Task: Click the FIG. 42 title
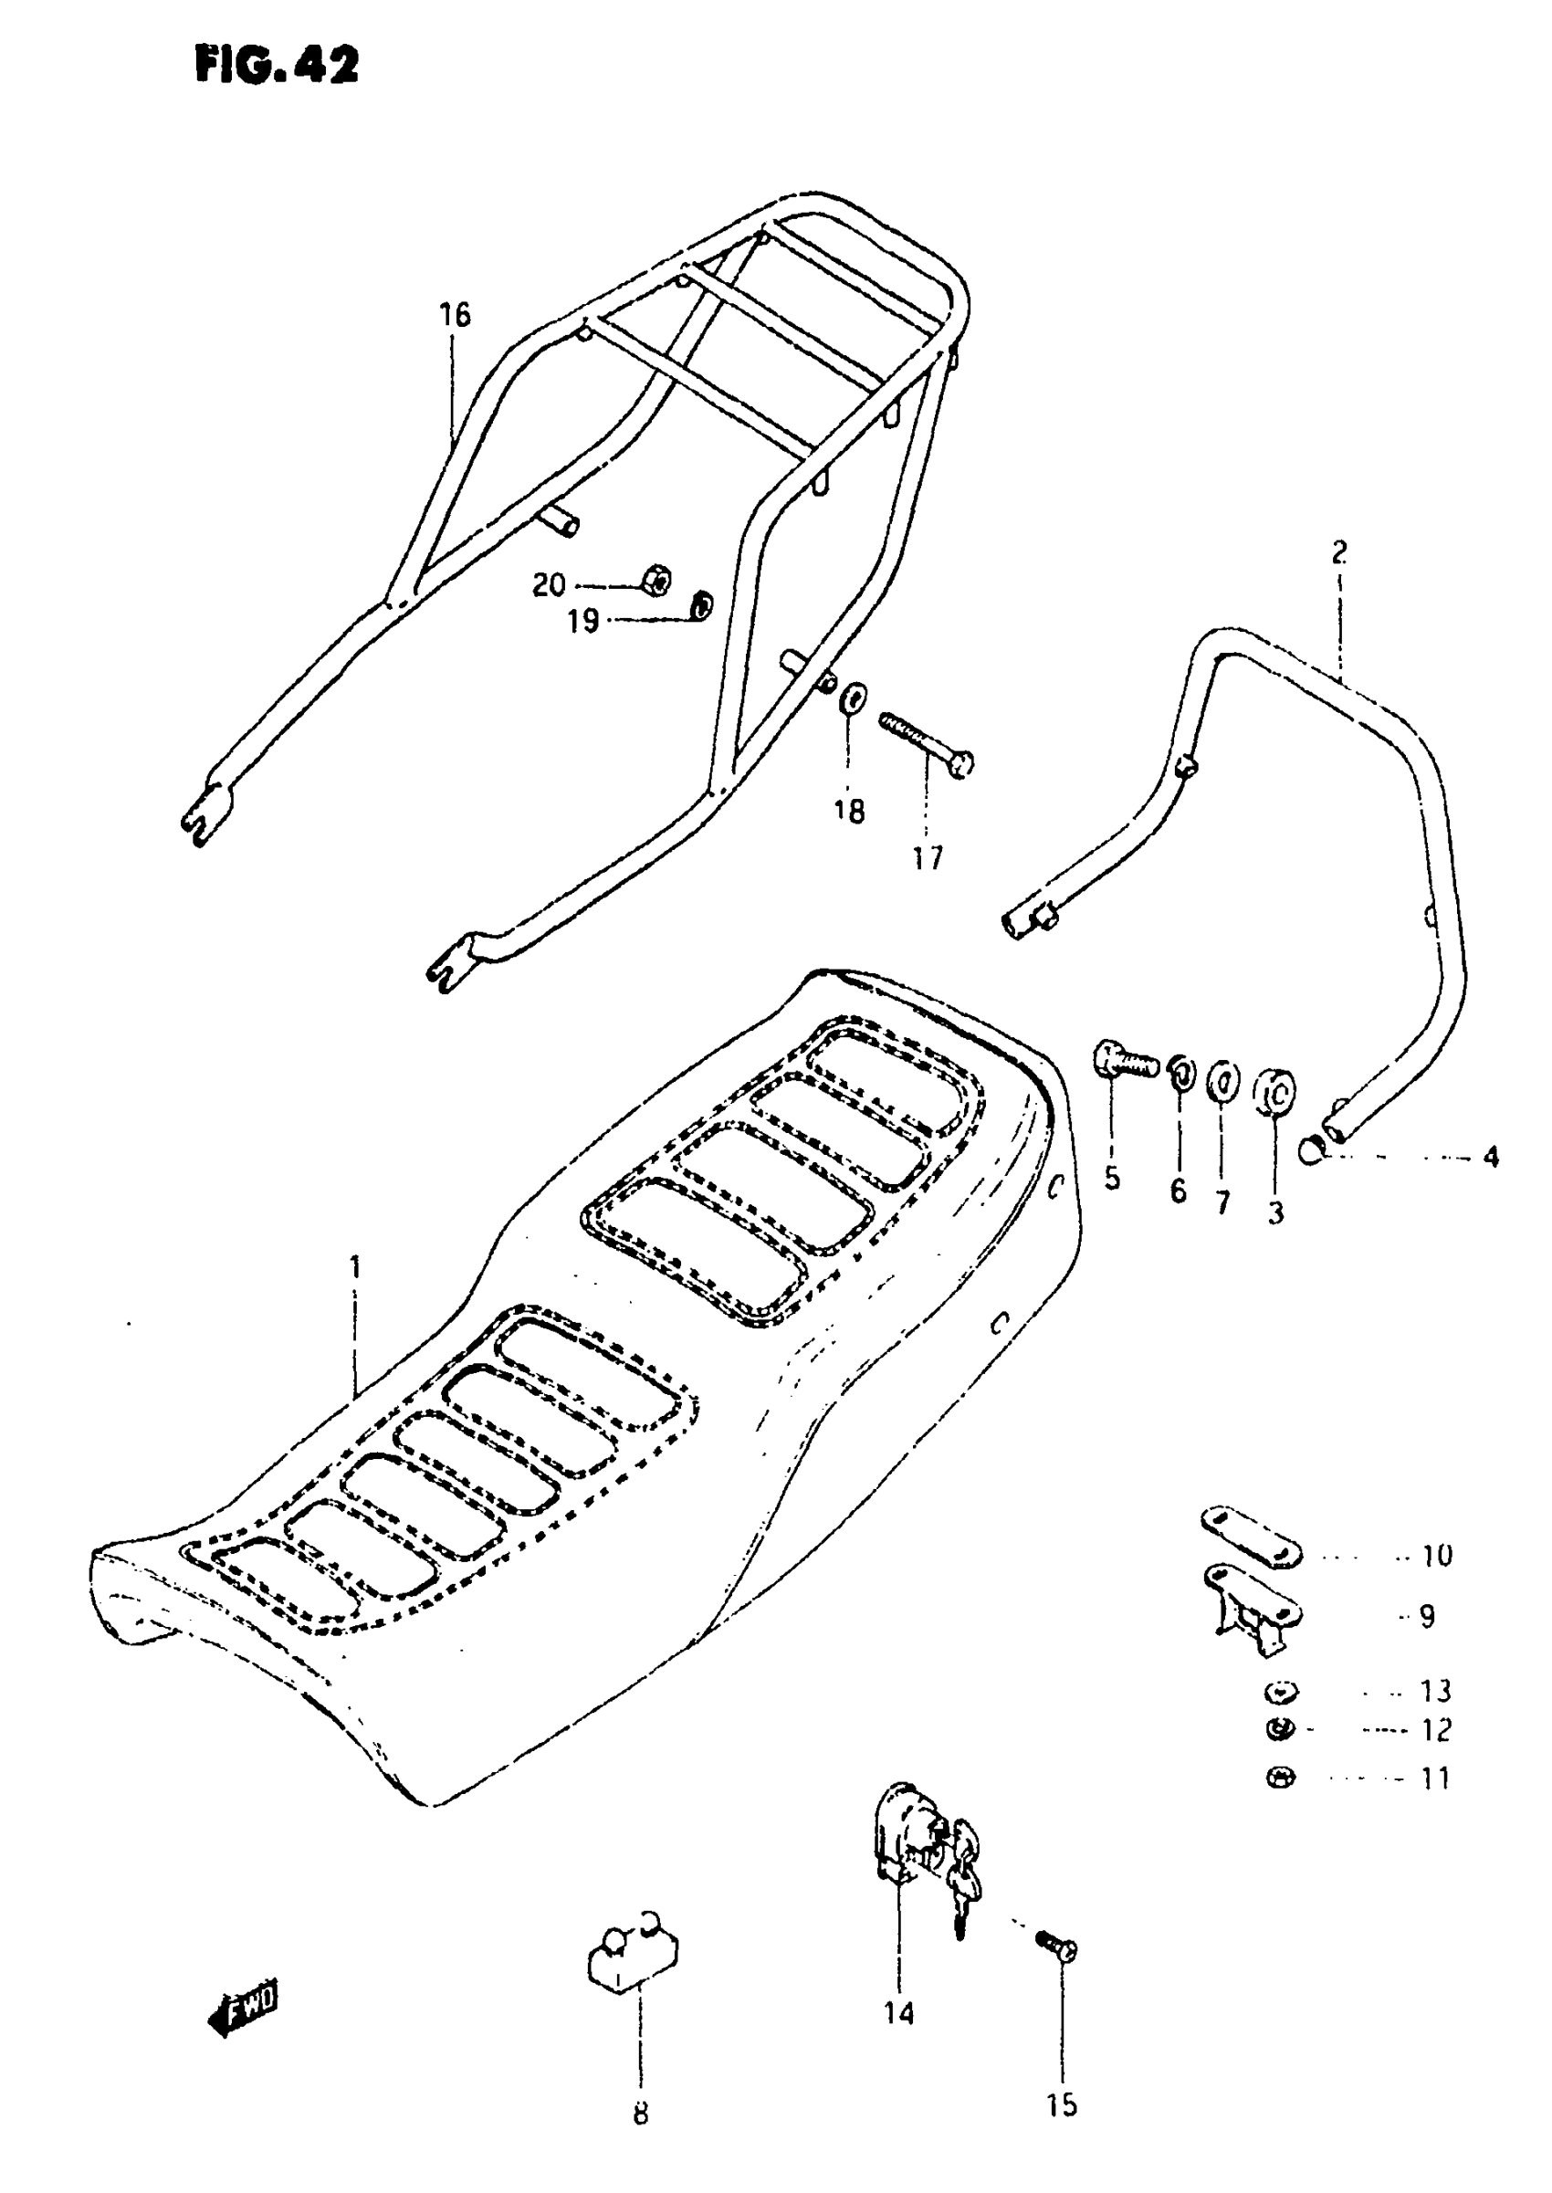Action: pos(278,65)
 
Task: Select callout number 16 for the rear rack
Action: pos(456,314)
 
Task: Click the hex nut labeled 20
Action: pos(656,580)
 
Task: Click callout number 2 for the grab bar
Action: pos(1339,552)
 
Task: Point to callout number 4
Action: pos(1490,1157)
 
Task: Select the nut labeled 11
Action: pos(1281,1779)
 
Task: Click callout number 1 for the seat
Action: pos(355,1268)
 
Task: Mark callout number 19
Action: pos(582,621)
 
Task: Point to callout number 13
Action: pos(1435,1692)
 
